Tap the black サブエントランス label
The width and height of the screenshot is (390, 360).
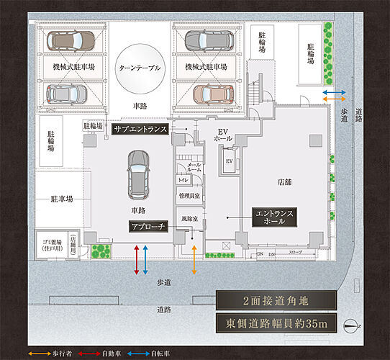140,130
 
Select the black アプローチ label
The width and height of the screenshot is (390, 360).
148,226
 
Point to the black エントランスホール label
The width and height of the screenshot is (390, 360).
271,217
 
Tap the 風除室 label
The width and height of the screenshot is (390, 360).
189,217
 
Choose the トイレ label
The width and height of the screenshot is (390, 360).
183,179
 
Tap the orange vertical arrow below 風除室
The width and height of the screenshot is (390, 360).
193,259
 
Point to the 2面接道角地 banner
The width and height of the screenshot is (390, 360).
277,301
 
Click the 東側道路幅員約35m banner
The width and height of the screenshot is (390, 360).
277,324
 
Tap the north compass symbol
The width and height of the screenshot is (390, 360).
350,325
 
